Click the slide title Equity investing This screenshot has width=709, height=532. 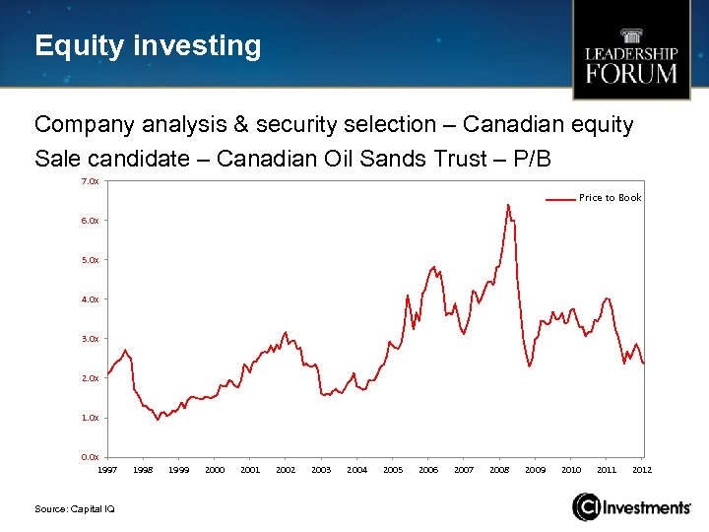click(x=148, y=46)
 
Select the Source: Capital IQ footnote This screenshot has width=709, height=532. click(x=75, y=507)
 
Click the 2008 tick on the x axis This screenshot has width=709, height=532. click(x=499, y=471)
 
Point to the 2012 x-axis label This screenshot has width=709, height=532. click(x=642, y=471)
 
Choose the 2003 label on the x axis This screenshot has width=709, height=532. click(x=321, y=471)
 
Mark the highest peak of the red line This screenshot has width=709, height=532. click(x=508, y=205)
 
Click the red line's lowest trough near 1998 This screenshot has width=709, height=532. click(x=158, y=420)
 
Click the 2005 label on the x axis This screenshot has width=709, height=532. click(x=392, y=471)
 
